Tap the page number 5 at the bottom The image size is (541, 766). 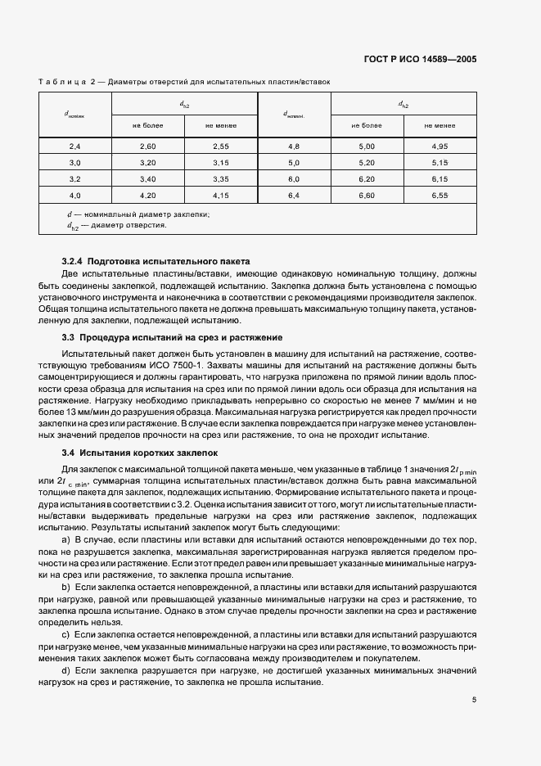click(474, 700)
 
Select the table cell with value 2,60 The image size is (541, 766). click(147, 146)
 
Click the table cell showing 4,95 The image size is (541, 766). click(440, 146)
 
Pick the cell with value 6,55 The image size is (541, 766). click(440, 195)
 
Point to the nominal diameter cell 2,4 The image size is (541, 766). click(74, 146)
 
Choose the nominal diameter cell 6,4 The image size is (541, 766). click(294, 195)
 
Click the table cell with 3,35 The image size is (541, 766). click(220, 178)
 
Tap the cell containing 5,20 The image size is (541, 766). click(367, 162)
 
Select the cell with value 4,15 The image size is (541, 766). click(220, 195)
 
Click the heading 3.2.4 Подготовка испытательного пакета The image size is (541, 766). click(156, 259)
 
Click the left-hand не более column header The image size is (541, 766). click(147, 125)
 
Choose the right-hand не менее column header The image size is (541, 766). click(440, 125)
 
